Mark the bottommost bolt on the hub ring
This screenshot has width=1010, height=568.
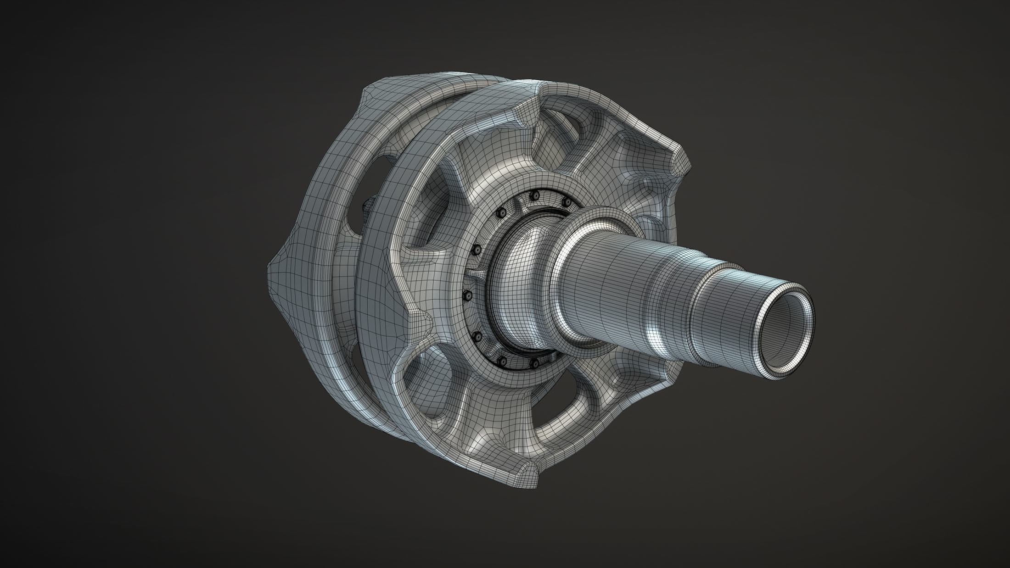[x=534, y=364]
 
